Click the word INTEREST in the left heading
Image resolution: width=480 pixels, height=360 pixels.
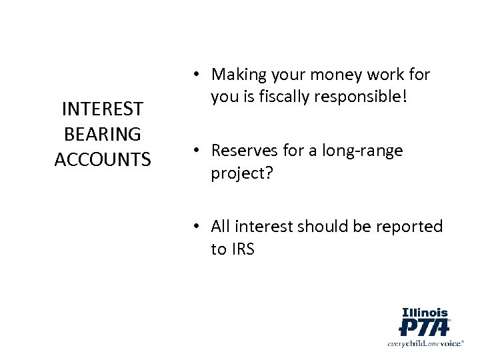pyautogui.click(x=102, y=108)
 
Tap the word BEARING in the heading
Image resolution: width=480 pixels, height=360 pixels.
pyautogui.click(x=102, y=133)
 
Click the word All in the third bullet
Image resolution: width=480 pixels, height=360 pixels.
pyautogui.click(x=221, y=226)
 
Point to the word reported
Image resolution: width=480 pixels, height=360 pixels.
pyautogui.click(x=409, y=226)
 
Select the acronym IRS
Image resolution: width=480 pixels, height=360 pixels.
pyautogui.click(x=243, y=250)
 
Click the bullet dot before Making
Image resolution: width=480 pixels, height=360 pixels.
pyautogui.click(x=198, y=74)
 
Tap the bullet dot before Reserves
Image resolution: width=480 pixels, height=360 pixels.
pyautogui.click(x=198, y=150)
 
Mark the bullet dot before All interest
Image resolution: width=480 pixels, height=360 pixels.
pyautogui.click(x=198, y=227)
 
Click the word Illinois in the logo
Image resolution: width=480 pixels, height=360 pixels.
pyautogui.click(x=425, y=311)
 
